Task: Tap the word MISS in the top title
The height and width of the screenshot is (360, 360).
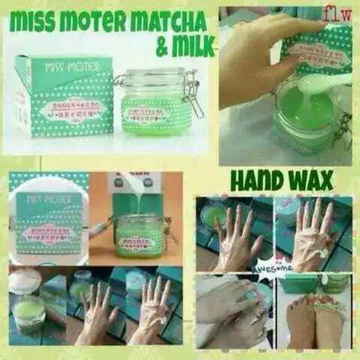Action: point(34,23)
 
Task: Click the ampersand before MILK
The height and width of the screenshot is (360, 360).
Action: point(162,48)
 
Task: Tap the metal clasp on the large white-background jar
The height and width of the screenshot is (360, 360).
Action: point(191,93)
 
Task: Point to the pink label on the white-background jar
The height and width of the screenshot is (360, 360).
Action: point(147,113)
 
